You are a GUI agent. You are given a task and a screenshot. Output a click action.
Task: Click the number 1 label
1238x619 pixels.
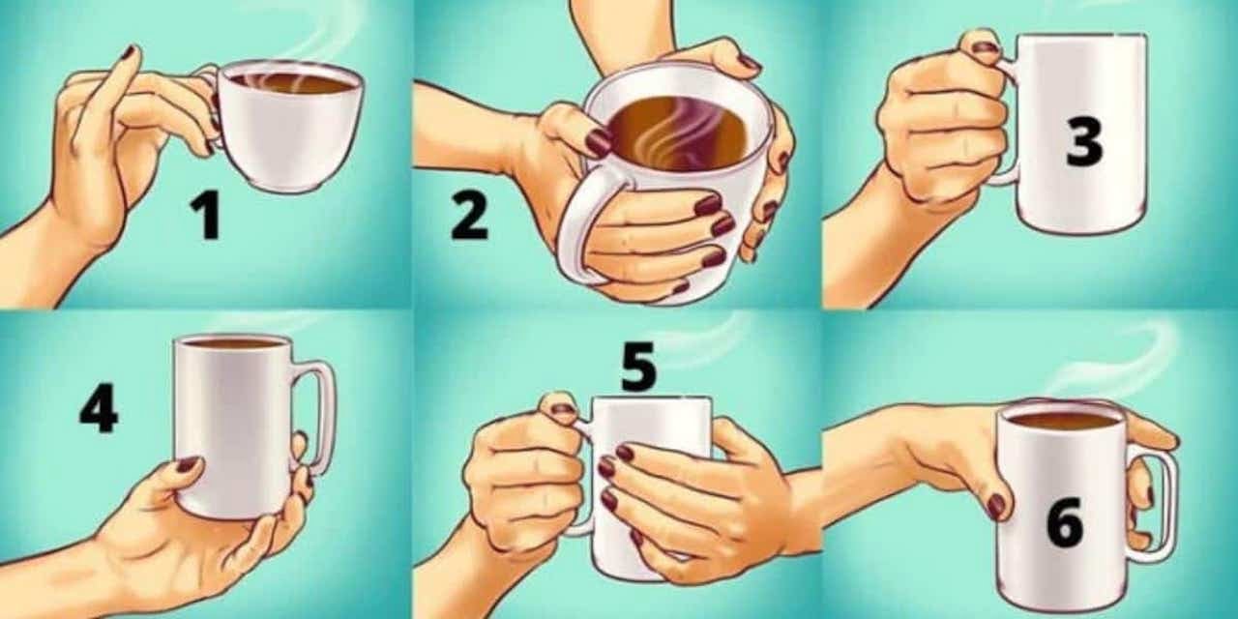tap(206, 216)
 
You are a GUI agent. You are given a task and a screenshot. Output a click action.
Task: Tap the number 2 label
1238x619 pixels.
tap(469, 216)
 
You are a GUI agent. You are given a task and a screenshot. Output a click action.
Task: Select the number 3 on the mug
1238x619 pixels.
tap(1084, 141)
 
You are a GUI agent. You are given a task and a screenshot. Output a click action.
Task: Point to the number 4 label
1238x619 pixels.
tap(99, 408)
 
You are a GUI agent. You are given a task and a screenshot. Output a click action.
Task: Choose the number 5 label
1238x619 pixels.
tap(638, 367)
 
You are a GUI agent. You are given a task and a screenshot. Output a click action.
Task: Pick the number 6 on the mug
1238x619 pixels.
tap(1065, 522)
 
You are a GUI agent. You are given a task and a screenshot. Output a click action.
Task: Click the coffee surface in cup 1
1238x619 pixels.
tap(292, 83)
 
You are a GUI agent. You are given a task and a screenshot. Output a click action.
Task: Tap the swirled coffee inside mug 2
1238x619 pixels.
tap(678, 133)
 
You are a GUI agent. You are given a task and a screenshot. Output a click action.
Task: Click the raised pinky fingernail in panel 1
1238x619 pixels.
tap(129, 52)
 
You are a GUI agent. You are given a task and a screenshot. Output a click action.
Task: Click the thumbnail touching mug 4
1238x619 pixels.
tap(187, 463)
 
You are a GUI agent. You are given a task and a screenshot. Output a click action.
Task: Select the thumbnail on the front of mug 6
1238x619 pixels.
tap(996, 506)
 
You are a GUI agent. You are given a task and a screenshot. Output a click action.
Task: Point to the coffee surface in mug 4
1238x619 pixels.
tap(233, 343)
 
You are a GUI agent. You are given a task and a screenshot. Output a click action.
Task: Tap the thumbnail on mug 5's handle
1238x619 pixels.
tap(564, 409)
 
